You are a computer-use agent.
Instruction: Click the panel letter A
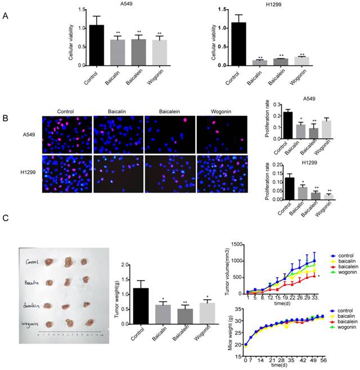[6, 16]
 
